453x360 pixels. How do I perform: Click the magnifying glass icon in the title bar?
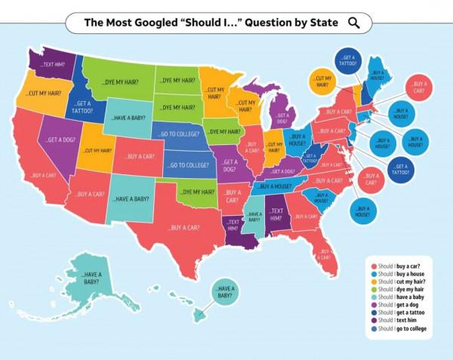353,23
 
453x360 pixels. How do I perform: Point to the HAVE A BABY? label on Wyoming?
131,118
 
